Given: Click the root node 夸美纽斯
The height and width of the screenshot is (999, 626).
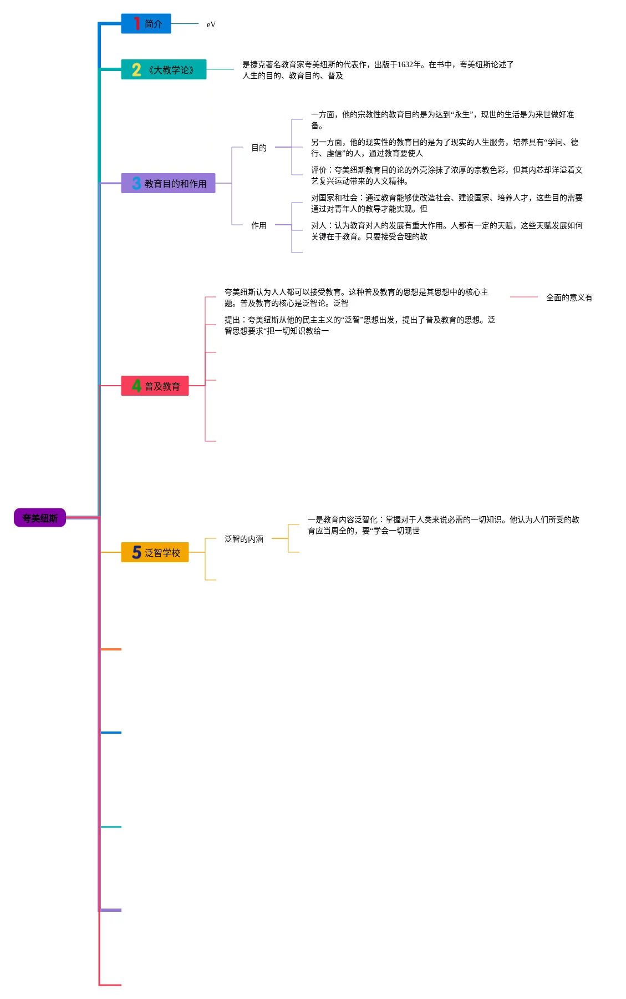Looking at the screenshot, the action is pos(40,518).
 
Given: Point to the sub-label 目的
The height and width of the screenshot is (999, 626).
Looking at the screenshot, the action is pos(259,148).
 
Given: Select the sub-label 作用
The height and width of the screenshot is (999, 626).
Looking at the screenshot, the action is pos(259,225).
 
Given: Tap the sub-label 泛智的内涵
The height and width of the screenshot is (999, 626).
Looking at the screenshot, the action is pos(244,539).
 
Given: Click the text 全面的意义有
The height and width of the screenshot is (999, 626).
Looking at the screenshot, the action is pos(569,297).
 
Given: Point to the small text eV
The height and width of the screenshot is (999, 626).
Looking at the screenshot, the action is pos(211,24).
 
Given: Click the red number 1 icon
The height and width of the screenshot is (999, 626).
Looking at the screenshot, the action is pos(136,23).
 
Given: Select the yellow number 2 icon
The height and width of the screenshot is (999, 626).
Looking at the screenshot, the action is pos(136,70).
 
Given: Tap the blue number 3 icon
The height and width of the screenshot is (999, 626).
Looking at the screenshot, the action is pos(136,183).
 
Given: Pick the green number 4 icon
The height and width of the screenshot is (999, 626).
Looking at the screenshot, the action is pos(136,386).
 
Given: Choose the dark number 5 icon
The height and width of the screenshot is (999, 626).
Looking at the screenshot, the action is pos(136,552).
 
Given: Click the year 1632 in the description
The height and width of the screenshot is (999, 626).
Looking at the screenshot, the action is pos(409,64).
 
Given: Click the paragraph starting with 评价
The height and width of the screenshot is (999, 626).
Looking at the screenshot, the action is pos(446,175).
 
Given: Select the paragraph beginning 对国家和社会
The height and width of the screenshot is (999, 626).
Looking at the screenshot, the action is pos(446,203).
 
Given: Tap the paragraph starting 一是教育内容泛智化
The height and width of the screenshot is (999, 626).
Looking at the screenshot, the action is pos(443,525).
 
